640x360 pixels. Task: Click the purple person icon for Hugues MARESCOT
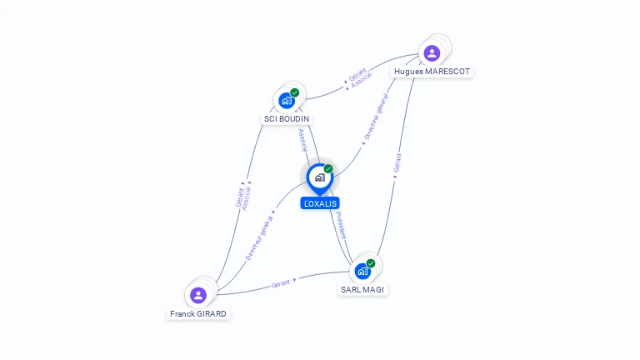[432, 53]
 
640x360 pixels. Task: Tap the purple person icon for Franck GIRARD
[198, 295]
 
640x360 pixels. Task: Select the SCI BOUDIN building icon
[287, 101]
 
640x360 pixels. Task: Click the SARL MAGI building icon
[362, 271]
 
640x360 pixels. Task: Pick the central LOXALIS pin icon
[319, 177]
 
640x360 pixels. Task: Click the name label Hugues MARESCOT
[432, 72]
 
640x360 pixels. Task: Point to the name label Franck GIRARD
[198, 314]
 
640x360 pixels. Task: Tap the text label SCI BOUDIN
[287, 119]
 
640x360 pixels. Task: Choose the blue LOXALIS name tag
[320, 203]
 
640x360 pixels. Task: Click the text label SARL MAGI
[363, 290]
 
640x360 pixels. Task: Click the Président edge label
[340, 225]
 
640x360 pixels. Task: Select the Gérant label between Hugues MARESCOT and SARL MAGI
[397, 163]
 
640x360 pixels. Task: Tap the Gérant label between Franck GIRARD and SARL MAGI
[282, 283]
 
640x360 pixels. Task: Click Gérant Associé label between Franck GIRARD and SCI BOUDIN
[243, 197]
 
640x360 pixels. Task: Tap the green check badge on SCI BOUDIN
[295, 92]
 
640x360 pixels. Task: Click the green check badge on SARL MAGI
[371, 263]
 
